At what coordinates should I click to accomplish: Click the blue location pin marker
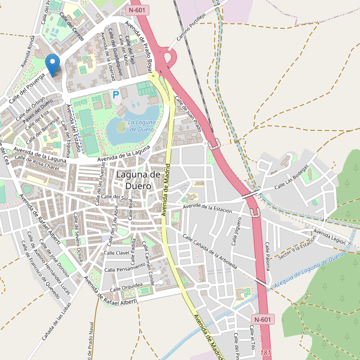coord(53,64)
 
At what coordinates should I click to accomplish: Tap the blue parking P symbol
coord(116,94)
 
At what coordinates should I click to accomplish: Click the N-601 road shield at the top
coord(139,10)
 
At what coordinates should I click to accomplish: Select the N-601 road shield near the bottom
coord(263,319)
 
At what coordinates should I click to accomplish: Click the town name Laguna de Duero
coord(138,180)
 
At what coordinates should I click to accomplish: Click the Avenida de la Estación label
coord(208,208)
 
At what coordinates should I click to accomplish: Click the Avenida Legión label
coord(329,236)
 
